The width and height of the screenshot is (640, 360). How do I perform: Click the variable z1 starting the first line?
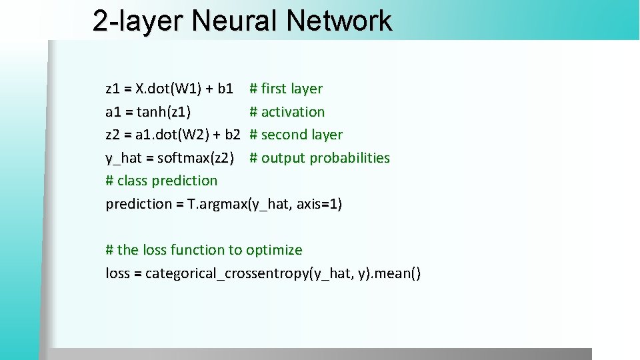[x=113, y=89]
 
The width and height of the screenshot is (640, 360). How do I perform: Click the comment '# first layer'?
[x=286, y=89]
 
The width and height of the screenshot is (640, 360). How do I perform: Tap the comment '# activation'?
[x=287, y=112]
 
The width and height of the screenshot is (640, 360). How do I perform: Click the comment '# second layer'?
[x=296, y=135]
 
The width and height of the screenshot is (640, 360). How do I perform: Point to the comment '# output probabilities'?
[x=319, y=158]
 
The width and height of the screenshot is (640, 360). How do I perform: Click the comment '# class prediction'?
[x=161, y=181]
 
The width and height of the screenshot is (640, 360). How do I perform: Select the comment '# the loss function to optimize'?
[x=203, y=250]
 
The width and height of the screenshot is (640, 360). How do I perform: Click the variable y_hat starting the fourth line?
[x=123, y=158]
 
